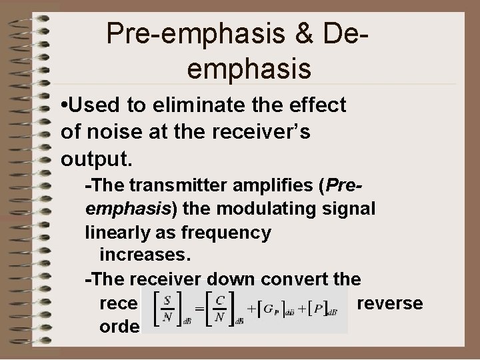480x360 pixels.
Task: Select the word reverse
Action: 390,303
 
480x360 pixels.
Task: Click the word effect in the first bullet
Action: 315,105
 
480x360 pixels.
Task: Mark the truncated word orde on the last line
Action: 119,326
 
